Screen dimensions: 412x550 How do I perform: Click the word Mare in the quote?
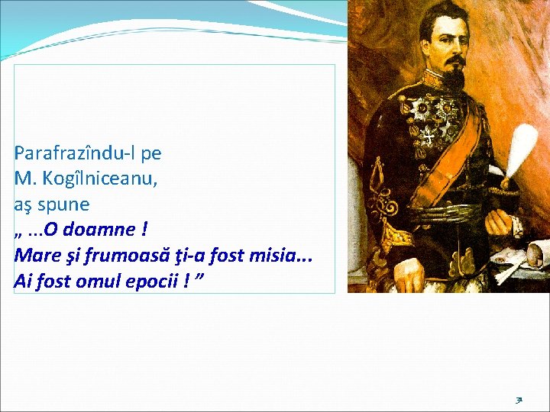[34, 255]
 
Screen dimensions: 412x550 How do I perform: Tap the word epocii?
[154, 281]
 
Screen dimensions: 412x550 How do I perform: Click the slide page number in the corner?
[519, 398]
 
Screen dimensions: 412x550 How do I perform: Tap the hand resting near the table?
[498, 221]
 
